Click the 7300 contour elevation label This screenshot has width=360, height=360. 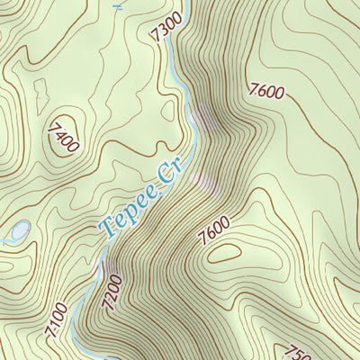click(168, 27)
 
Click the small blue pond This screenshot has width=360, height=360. click(18, 231)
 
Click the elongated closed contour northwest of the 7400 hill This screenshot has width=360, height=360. click(40, 90)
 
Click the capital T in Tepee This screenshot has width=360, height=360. click(108, 228)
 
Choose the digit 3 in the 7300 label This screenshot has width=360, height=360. click(166, 29)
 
